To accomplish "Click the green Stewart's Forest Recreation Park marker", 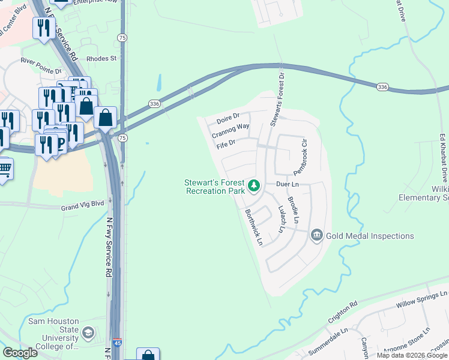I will (254, 186).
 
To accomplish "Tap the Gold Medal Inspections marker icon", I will (317, 235).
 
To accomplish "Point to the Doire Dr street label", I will (228, 116).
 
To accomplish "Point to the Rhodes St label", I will (101, 59).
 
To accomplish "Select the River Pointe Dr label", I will (42, 61).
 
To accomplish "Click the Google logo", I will (20, 353).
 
